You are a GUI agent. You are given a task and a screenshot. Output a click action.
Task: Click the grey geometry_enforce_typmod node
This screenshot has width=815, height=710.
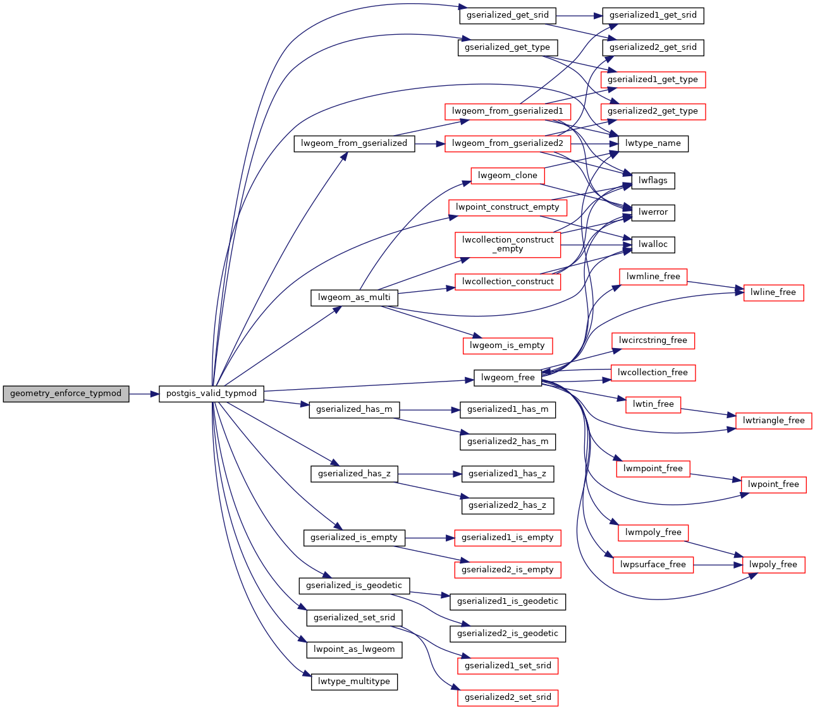(66, 394)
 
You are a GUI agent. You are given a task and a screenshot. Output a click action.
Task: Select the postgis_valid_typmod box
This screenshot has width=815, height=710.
(211, 394)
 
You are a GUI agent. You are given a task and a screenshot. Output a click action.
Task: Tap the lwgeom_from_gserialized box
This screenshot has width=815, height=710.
(354, 143)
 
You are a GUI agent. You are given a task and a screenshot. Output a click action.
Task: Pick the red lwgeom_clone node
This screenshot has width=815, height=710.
(508, 176)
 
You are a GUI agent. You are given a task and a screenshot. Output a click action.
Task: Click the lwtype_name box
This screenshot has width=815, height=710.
(653, 143)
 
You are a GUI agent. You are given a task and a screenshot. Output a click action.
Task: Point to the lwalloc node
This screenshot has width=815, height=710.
(653, 244)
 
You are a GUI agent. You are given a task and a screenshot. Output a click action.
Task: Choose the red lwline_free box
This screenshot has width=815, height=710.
(773, 292)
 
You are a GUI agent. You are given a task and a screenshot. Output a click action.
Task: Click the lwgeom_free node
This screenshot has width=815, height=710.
(508, 378)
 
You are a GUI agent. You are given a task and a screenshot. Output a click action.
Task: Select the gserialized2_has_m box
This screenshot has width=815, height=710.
(508, 442)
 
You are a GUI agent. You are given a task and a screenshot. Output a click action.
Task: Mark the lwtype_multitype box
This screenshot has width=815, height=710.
(354, 682)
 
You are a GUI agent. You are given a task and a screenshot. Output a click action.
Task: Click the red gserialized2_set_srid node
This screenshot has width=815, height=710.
(508, 697)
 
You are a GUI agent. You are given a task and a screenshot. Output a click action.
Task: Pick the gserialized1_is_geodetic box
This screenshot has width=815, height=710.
(508, 601)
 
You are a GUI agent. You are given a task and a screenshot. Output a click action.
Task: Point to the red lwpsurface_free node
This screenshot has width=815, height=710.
(653, 565)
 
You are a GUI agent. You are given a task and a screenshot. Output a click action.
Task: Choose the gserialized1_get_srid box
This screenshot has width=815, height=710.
(653, 15)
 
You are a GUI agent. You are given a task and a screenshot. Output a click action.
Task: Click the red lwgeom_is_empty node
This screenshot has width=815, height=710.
(508, 346)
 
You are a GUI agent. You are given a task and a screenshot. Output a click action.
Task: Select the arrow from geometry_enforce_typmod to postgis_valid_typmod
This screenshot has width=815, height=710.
(144, 394)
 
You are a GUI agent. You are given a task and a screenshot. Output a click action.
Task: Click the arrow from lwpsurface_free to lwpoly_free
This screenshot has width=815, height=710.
(718, 565)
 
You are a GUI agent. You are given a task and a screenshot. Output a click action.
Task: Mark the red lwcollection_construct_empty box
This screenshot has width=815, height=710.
(508, 244)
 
